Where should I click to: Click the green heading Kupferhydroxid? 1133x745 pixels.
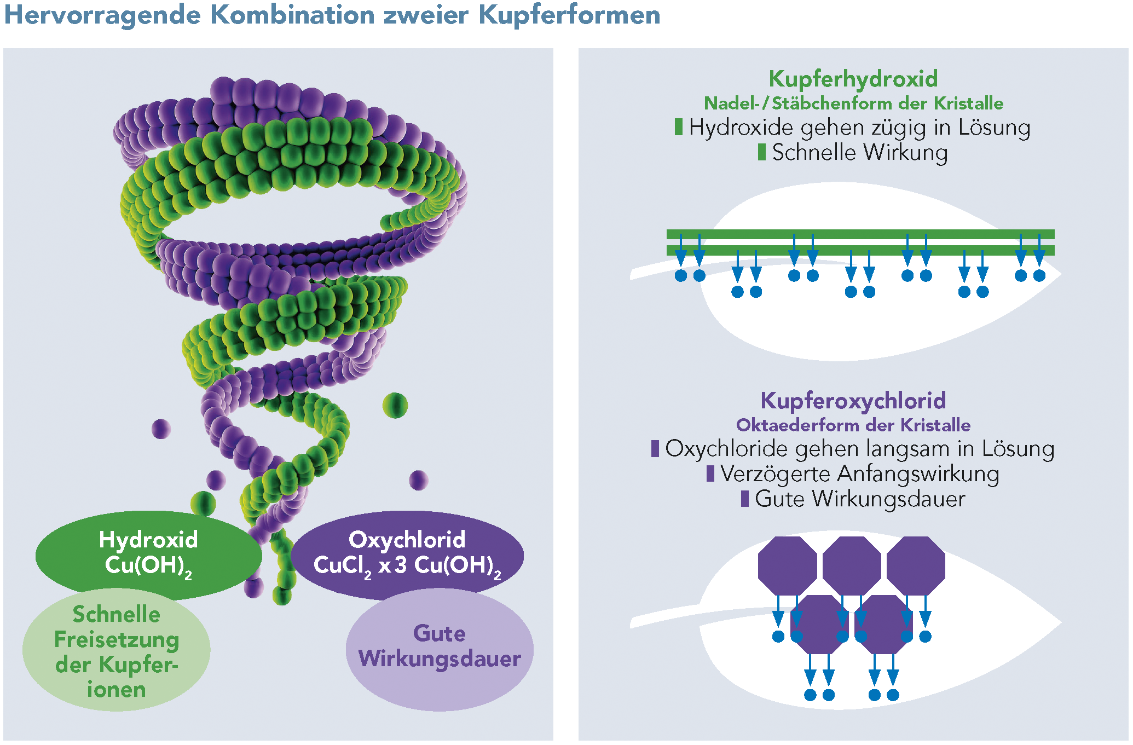(853, 79)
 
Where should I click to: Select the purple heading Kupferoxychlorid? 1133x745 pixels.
(853, 401)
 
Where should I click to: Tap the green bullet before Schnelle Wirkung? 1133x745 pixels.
(761, 152)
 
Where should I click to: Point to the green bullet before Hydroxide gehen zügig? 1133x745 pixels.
(679, 127)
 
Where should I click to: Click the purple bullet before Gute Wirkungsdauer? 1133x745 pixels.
(744, 499)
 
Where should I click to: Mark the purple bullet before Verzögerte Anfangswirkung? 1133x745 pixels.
(710, 473)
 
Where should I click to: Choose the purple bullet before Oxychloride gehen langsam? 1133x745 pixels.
(655, 448)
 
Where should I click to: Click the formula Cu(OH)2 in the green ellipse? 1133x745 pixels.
(148, 565)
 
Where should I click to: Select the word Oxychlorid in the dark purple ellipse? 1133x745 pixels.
(407, 540)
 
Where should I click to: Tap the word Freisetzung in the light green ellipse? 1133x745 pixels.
(117, 639)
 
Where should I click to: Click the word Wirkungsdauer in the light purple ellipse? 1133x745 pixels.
(440, 659)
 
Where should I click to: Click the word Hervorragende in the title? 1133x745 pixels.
(103, 15)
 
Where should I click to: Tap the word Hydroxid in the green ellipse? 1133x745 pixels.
(148, 540)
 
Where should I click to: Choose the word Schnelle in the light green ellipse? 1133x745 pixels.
(117, 614)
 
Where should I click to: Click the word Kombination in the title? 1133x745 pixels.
(293, 15)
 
